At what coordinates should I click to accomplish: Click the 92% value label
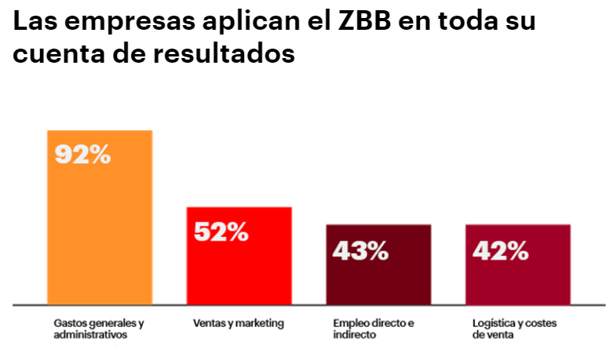pos(82,155)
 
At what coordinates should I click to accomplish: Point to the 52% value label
pos(221,231)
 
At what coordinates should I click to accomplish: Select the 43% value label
pos(360,250)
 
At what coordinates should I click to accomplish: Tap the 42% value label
pos(500,250)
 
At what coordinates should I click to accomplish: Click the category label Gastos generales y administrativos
pos(98,329)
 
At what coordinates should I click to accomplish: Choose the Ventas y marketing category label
pos(238,323)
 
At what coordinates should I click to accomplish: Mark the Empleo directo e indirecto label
pos(373,329)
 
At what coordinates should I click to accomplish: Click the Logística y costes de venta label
pos(513,329)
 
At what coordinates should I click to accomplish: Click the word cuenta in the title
pos(54,56)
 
